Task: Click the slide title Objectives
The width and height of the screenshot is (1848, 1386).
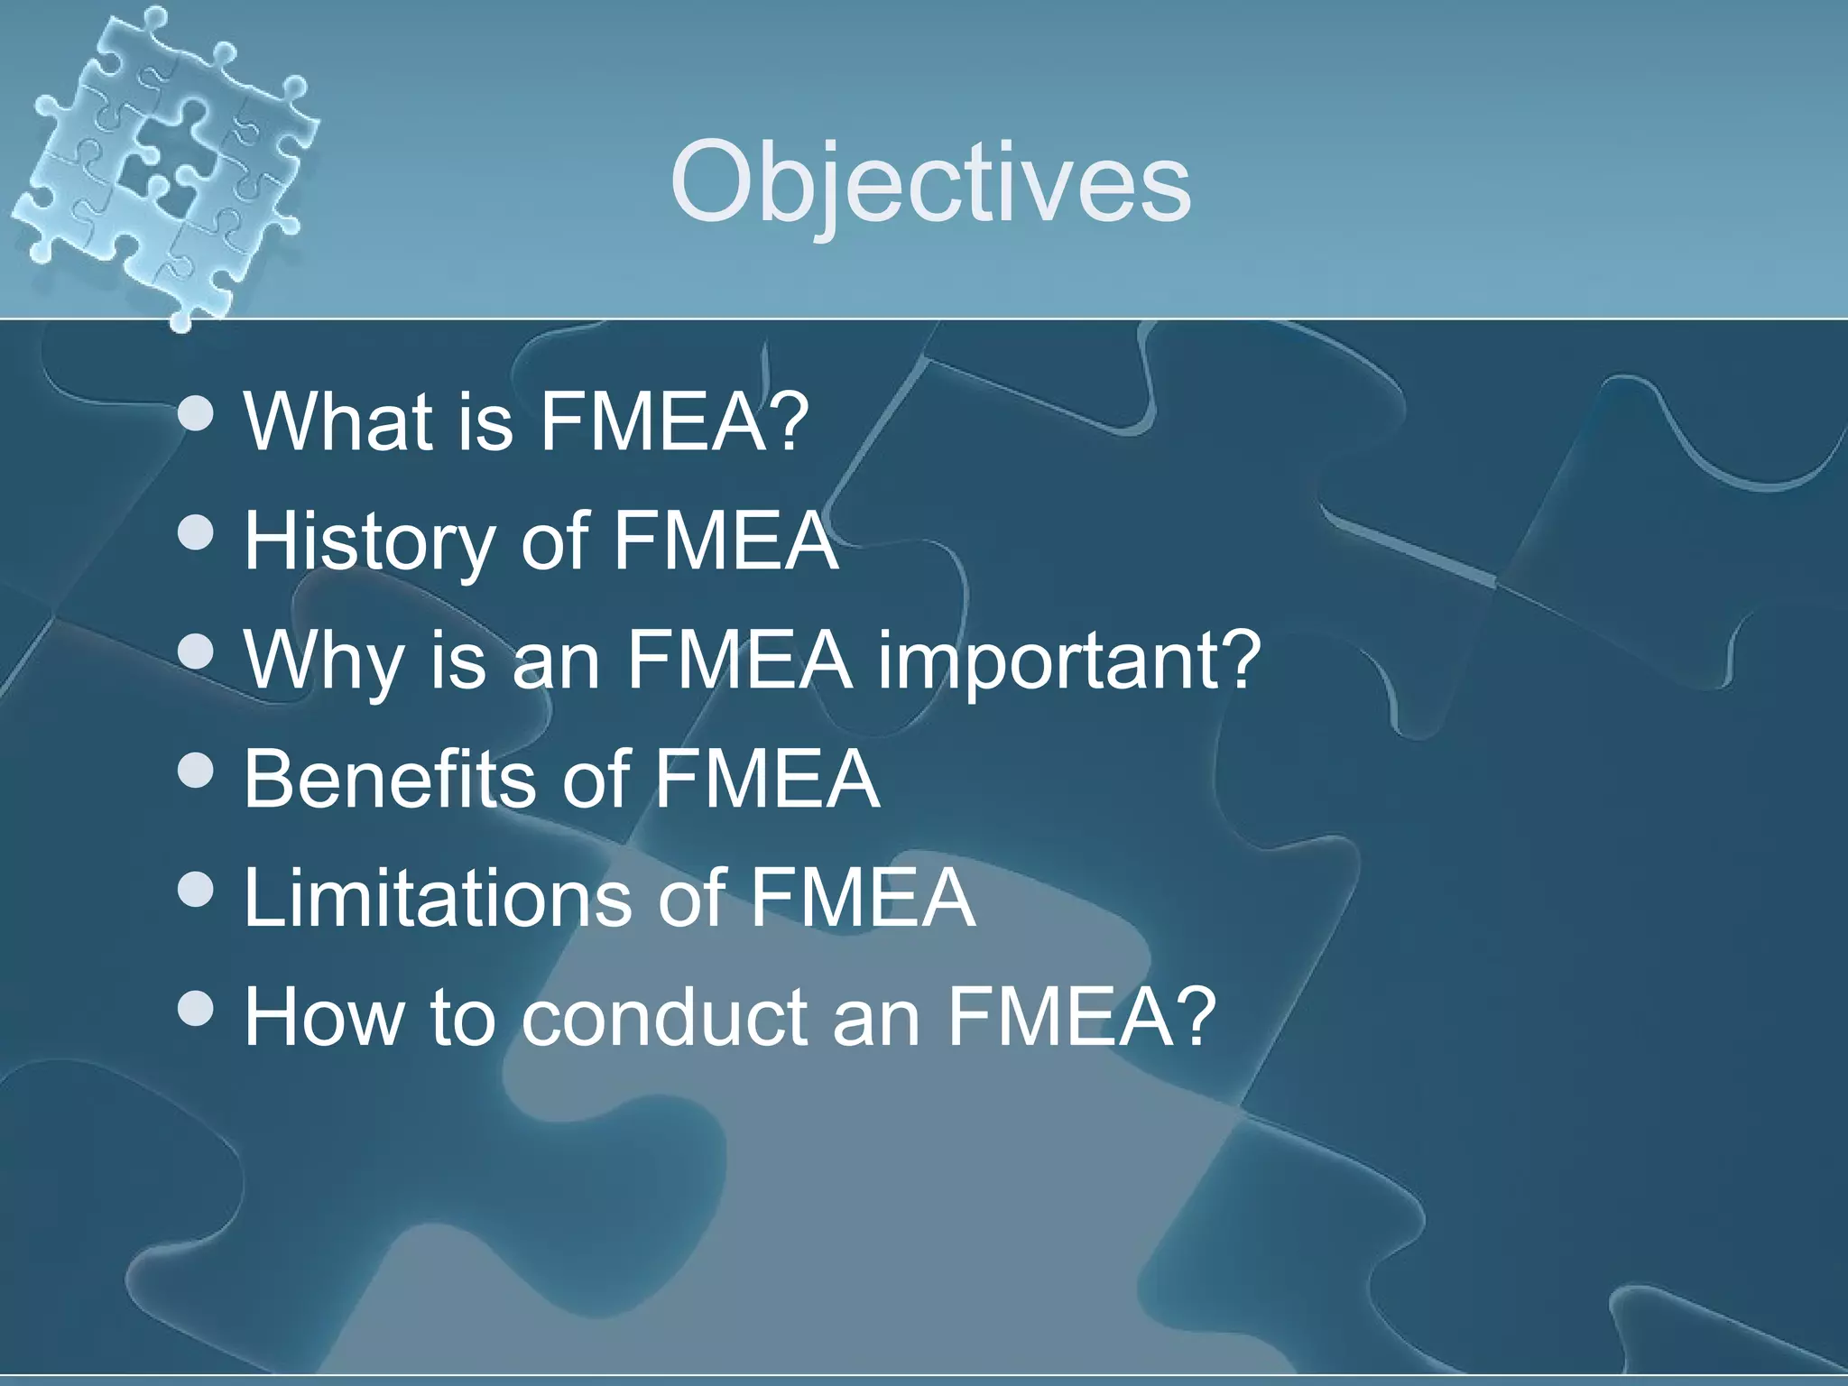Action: pyautogui.click(x=929, y=183)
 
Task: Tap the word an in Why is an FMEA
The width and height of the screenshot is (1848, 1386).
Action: pyautogui.click(x=556, y=661)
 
